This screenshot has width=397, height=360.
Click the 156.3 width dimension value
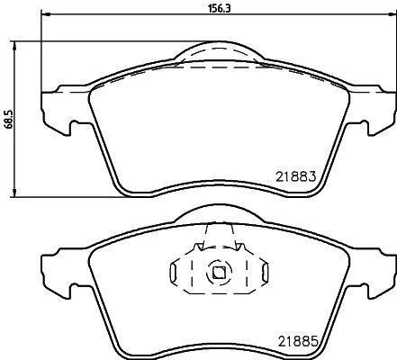tap(220, 8)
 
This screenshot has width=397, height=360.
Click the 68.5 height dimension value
tap(9, 119)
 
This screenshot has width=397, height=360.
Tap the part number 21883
tap(296, 176)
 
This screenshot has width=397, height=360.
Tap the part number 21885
tap(298, 341)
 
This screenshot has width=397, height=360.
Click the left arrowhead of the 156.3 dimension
tap(45, 14)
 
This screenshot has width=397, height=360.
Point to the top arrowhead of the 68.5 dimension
tap(14, 46)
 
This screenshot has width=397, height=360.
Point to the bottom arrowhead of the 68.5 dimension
tap(14, 193)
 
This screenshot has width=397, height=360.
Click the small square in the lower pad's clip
tap(219, 273)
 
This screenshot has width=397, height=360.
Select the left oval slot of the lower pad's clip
tap(173, 273)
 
